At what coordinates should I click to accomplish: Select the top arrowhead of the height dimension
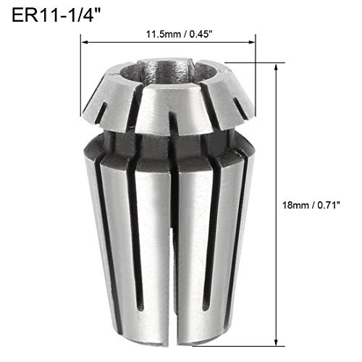pyautogui.click(x=277, y=65)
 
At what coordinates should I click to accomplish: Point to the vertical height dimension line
pyautogui.click(x=277, y=145)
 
